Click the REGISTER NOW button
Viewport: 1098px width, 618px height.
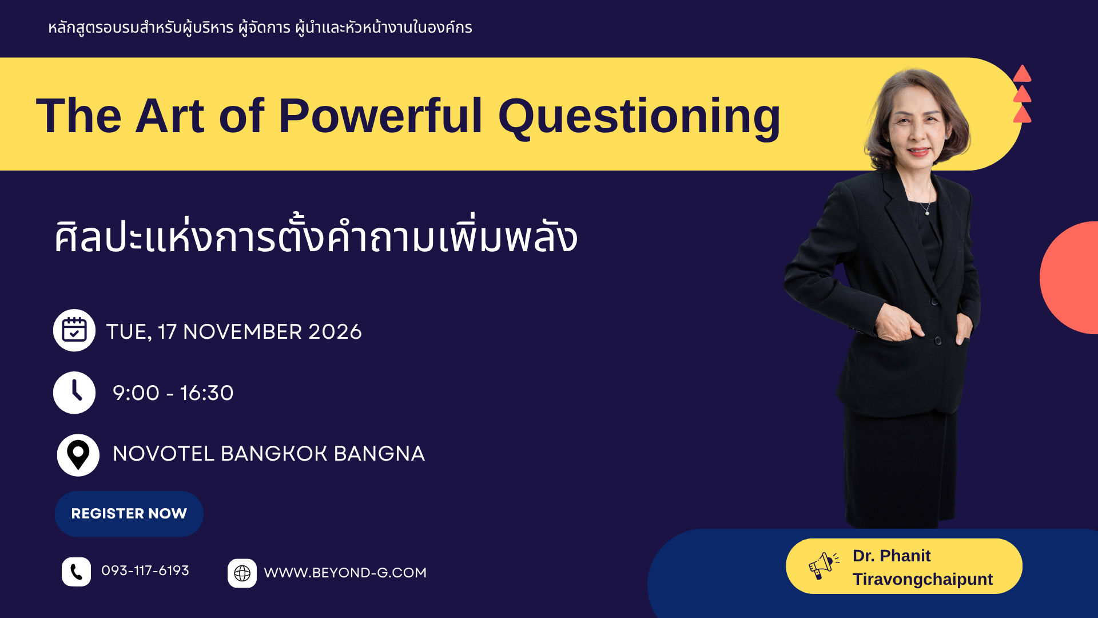pos(129,513)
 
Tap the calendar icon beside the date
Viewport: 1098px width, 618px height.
pos(74,330)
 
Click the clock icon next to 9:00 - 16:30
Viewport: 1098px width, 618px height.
pos(74,393)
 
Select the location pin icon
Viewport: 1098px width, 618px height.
pos(78,455)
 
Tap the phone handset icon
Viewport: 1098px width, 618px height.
pos(76,572)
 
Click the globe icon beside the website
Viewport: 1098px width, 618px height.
pos(242,573)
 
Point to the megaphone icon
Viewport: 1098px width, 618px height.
pos(823,565)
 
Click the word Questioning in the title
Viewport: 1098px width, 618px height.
pos(639,117)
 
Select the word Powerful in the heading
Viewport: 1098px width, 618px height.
pos(380,116)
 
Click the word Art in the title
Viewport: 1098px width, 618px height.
pos(169,116)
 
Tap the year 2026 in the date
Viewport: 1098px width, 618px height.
pos(335,332)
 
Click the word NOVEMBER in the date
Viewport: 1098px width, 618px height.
pos(242,332)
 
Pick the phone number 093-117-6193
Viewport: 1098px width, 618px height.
pos(145,571)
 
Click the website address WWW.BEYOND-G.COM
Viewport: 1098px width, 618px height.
pos(345,573)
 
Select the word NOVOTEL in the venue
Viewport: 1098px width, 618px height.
pos(164,454)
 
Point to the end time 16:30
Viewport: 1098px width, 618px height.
pos(207,393)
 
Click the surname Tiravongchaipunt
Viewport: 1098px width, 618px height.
pos(922,579)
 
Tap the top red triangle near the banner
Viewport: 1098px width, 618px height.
pos(1022,74)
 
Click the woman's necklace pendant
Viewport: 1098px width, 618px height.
pos(928,212)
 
